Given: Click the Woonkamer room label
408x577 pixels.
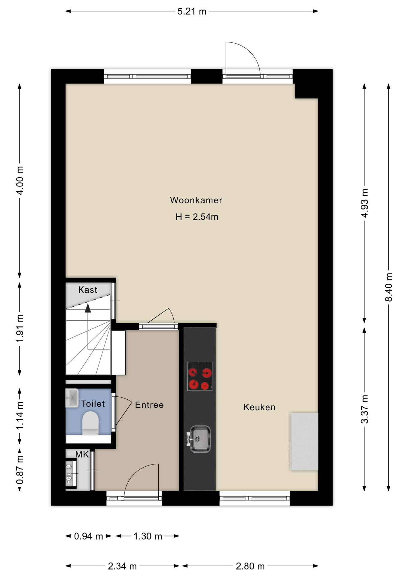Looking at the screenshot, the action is point(196,200).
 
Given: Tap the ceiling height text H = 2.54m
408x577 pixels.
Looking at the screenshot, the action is point(197,217).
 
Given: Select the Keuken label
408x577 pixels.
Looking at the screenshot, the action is point(259,407).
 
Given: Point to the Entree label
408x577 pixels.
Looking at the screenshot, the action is point(149,405).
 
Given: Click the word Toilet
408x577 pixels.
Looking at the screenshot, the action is point(93,404).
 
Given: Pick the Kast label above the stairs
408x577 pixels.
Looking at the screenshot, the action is point(88,290).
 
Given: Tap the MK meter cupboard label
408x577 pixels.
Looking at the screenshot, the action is point(82,454).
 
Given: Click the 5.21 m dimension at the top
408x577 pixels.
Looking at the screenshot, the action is point(192,11).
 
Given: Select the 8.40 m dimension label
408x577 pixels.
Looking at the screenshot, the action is point(389,287).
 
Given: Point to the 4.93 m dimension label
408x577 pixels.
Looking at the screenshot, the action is point(364,203).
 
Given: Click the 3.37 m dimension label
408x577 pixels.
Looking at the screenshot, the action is point(364,409).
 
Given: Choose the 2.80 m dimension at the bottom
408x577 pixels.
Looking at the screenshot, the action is point(250,566).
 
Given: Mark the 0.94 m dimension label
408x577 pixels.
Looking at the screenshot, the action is point(88,536).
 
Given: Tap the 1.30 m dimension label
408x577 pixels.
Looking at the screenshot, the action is point(148,536).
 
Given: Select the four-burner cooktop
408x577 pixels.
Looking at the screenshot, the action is point(200,376).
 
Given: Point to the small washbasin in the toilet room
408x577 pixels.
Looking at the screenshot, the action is point(72,398).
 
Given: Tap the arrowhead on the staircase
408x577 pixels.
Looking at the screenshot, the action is point(88,308).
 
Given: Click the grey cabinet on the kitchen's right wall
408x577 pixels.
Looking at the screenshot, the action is point(304,441).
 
